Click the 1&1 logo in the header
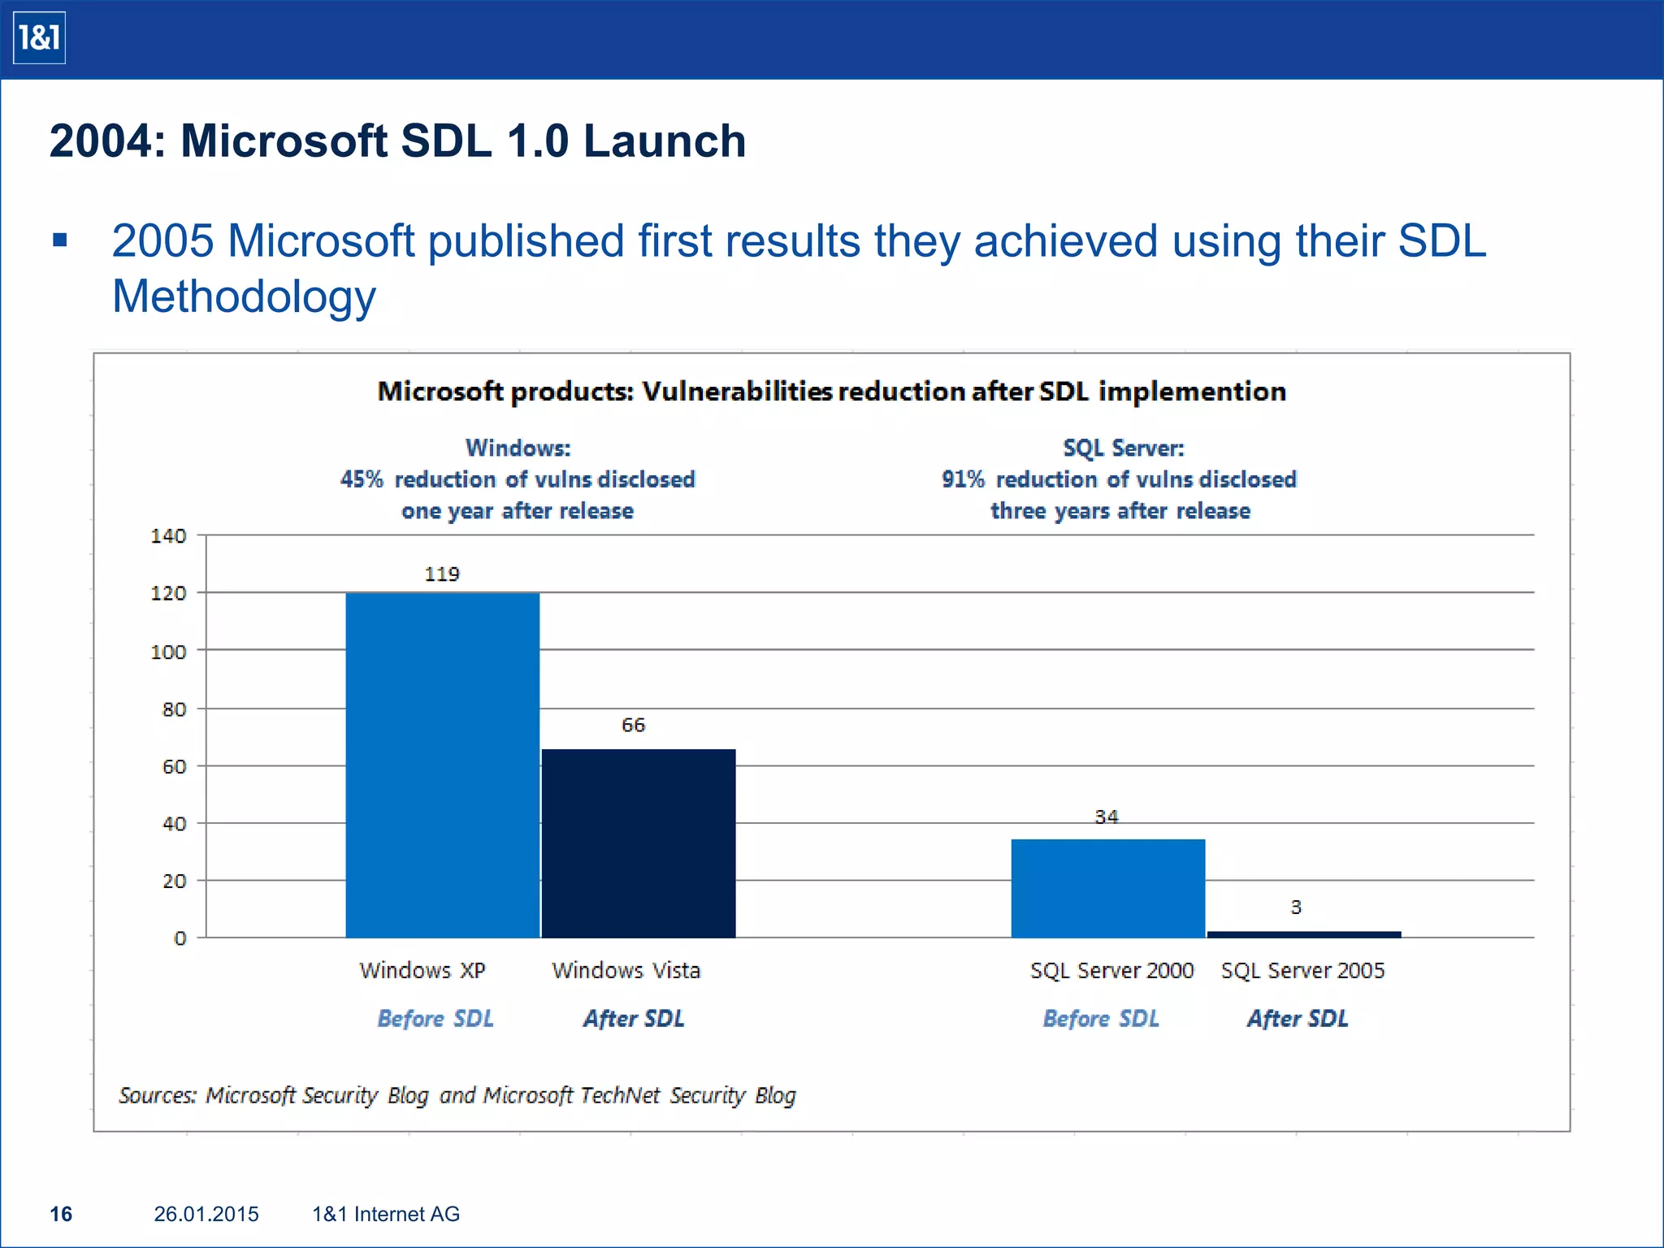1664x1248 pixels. pyautogui.click(x=39, y=38)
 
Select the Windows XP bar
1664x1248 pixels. pyautogui.click(x=442, y=764)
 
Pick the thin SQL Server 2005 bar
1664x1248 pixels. pyautogui.click(x=1304, y=934)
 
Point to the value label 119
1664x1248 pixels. pyautogui.click(x=442, y=574)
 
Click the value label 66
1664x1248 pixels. pyautogui.click(x=633, y=725)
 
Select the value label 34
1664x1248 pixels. pyautogui.click(x=1106, y=817)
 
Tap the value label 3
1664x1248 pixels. pyautogui.click(x=1296, y=907)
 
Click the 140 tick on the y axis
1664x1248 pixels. pyautogui.click(x=168, y=536)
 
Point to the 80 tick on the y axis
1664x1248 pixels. pyautogui.click(x=174, y=709)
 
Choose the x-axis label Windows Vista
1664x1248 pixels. pyautogui.click(x=626, y=970)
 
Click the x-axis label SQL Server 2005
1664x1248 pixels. pyautogui.click(x=1302, y=970)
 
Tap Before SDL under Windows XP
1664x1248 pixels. pyautogui.click(x=435, y=1018)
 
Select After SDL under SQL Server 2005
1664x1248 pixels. pyautogui.click(x=1298, y=1018)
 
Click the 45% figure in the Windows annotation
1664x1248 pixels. pyautogui.click(x=362, y=479)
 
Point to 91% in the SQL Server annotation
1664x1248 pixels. pyautogui.click(x=963, y=479)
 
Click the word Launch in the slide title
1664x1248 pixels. pyautogui.click(x=664, y=141)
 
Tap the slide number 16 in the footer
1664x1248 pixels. pyautogui.click(x=61, y=1214)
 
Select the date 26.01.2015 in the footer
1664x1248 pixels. pyautogui.click(x=206, y=1214)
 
